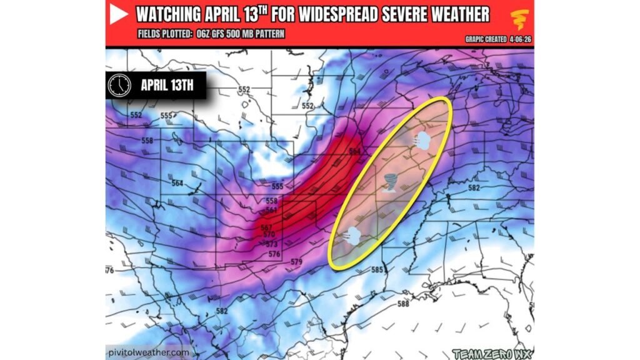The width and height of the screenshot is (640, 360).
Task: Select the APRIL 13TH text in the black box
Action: coord(166,86)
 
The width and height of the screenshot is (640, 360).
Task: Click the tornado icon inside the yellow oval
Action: coord(391,183)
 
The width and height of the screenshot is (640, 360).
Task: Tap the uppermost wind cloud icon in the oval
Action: coord(421,141)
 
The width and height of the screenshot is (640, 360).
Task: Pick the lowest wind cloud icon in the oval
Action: coord(352,236)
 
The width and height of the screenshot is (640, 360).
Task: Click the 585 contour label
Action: coord(377,270)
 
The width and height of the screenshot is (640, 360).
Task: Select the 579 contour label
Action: coord(296,261)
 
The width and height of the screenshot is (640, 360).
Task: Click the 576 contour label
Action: coord(274,254)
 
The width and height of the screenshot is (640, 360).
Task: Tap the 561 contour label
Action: coord(271,210)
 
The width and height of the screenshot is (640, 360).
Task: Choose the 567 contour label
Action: coord(266,227)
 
